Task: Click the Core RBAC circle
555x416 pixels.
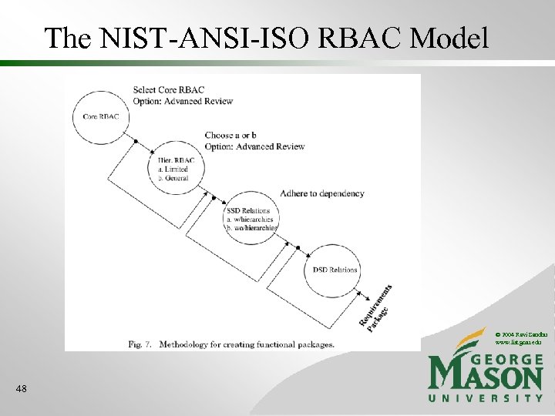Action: pyautogui.click(x=101, y=117)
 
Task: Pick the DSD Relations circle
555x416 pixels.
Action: pyautogui.click(x=335, y=270)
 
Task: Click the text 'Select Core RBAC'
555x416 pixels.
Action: pyautogui.click(x=169, y=90)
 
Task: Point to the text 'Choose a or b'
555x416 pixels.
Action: pyautogui.click(x=230, y=136)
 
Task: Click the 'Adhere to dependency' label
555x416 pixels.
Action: pyautogui.click(x=322, y=193)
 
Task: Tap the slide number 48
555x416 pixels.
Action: pyautogui.click(x=21, y=390)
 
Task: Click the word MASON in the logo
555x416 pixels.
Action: pyautogui.click(x=486, y=376)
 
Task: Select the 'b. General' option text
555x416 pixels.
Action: pyautogui.click(x=175, y=177)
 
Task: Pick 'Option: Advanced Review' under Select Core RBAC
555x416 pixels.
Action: pyautogui.click(x=183, y=101)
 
